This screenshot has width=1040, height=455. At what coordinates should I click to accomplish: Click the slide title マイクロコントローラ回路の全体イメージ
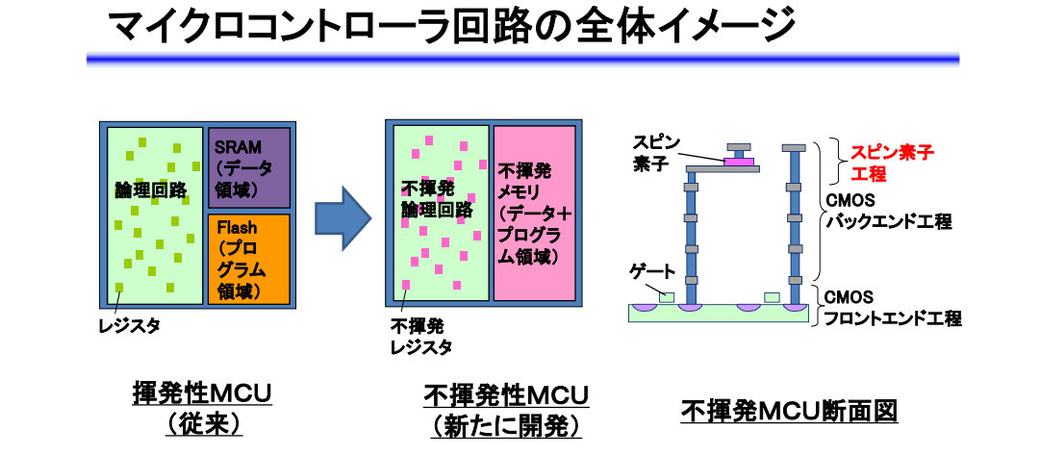452,26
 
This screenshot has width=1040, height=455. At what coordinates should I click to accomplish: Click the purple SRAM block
249,166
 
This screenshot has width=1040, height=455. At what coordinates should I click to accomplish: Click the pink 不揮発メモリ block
534,213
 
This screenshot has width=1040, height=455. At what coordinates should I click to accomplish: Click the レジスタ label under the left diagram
130,325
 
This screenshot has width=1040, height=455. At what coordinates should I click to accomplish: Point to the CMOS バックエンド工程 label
888,212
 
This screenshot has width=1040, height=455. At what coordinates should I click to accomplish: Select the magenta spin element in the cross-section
738,162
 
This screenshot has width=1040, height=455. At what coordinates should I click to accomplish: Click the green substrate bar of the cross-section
716,314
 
